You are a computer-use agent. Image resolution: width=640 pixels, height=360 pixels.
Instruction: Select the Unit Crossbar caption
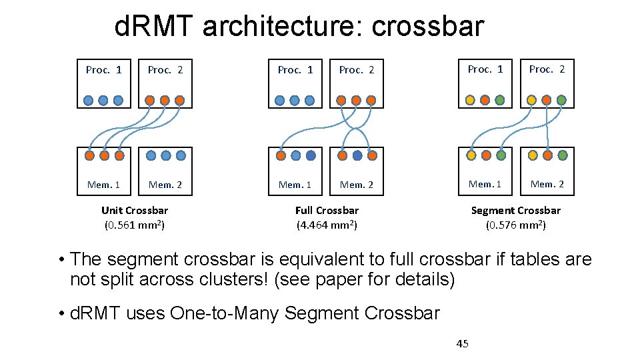[x=134, y=211]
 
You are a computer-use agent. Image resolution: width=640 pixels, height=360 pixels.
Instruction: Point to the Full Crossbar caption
[x=327, y=211]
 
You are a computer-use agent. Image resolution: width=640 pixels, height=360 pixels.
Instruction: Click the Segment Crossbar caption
[x=516, y=211]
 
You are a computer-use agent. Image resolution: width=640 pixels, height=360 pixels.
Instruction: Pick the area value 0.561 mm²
[x=135, y=225]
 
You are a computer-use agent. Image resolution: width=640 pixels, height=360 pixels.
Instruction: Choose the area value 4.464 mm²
[x=327, y=225]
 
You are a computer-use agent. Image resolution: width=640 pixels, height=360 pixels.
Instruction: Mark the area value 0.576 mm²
[x=516, y=225]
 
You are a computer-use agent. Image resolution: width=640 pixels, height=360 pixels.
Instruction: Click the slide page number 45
[x=462, y=343]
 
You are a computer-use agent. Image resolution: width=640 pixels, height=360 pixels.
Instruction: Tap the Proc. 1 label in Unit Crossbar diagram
[x=104, y=69]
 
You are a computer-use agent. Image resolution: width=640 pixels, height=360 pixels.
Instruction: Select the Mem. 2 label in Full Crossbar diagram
[x=357, y=185]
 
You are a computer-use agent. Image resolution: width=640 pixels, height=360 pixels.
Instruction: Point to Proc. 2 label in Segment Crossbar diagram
[x=547, y=69]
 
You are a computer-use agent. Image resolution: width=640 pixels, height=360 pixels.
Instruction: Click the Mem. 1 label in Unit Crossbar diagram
[x=104, y=185]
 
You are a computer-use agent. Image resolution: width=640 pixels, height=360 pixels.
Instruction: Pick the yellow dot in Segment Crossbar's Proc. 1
[x=470, y=100]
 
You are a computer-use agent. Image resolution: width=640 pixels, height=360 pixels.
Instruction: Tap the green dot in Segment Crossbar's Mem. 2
[x=563, y=155]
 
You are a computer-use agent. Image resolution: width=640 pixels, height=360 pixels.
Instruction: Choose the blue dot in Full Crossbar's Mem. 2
[x=357, y=155]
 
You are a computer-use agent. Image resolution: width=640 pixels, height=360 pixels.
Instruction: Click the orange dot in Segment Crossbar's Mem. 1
[x=486, y=155]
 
